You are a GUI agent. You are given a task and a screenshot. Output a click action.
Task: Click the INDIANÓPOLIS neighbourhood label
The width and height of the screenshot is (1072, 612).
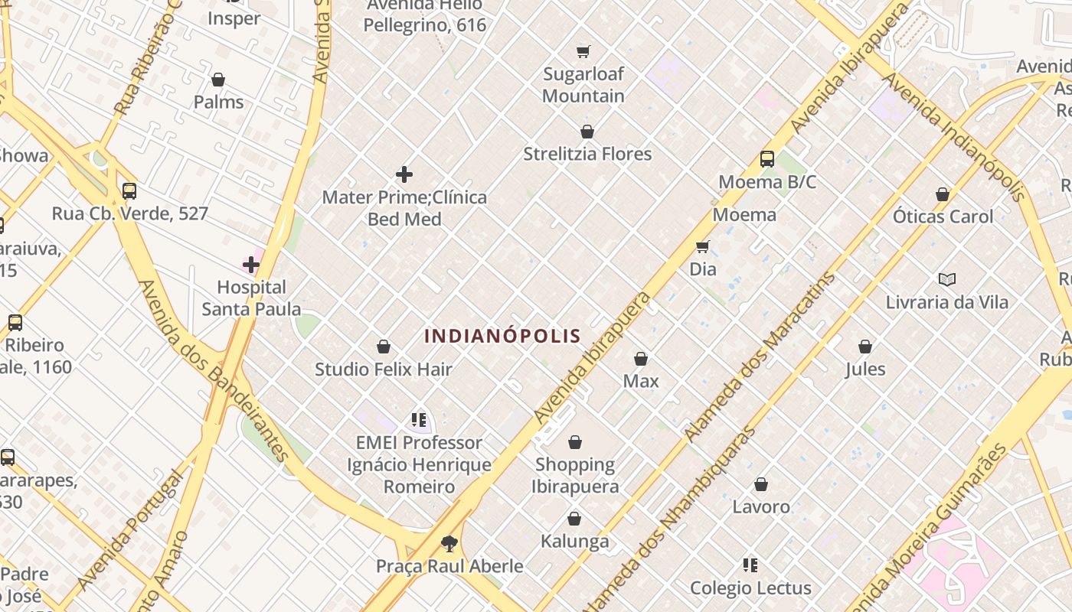point(502,336)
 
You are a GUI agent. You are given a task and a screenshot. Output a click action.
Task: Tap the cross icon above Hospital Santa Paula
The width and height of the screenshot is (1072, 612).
point(250,265)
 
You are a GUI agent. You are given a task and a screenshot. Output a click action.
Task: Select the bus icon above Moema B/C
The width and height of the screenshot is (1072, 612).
point(767,159)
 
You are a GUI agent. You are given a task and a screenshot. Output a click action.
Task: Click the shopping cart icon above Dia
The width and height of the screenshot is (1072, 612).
point(702,246)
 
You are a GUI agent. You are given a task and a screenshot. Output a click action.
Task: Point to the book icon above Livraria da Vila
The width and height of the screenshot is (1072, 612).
point(947,279)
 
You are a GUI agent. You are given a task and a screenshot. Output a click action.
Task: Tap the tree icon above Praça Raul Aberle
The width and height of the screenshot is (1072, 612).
point(449,544)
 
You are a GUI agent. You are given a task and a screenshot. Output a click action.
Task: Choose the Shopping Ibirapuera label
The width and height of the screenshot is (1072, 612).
point(575,475)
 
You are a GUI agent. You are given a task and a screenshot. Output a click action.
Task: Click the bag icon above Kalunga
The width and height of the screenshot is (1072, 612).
point(574,519)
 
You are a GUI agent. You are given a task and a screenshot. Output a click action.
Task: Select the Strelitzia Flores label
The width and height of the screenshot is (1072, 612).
point(587,154)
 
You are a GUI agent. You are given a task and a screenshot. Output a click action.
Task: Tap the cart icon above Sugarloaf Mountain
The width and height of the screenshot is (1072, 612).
point(583,52)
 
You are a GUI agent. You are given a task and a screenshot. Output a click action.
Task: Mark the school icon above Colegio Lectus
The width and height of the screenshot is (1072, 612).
point(750,565)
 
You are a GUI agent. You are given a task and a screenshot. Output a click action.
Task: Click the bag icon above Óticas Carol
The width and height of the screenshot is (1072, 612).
point(943,194)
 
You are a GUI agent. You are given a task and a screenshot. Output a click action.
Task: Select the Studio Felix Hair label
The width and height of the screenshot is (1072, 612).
point(384,369)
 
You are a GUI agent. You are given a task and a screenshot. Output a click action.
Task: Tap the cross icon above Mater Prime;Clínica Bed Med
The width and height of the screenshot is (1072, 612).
point(404,175)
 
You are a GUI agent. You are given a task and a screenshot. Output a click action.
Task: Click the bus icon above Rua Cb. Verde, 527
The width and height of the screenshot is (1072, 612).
point(129,191)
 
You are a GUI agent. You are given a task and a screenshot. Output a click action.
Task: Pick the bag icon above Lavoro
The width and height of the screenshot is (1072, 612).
point(761,484)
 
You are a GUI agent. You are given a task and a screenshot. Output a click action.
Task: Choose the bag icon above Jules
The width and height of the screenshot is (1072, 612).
point(865,347)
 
